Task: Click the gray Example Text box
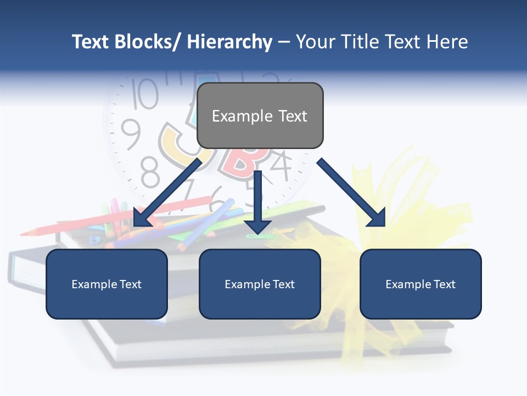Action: tap(260, 116)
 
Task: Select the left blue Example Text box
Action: tap(106, 284)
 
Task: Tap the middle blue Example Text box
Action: tap(260, 284)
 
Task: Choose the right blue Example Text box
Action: tap(421, 284)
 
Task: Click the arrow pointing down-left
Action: tap(167, 193)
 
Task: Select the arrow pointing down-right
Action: tap(352, 193)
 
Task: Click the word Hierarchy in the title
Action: tap(229, 42)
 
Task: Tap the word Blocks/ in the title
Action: tap(151, 42)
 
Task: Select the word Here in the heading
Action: tap(447, 42)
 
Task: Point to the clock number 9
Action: tap(131, 134)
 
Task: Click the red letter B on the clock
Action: tap(242, 159)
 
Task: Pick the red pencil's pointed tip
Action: tap(25, 233)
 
